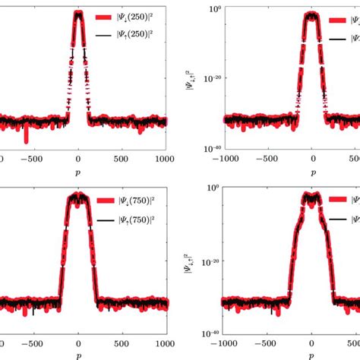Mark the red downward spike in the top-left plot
(27, 137)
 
